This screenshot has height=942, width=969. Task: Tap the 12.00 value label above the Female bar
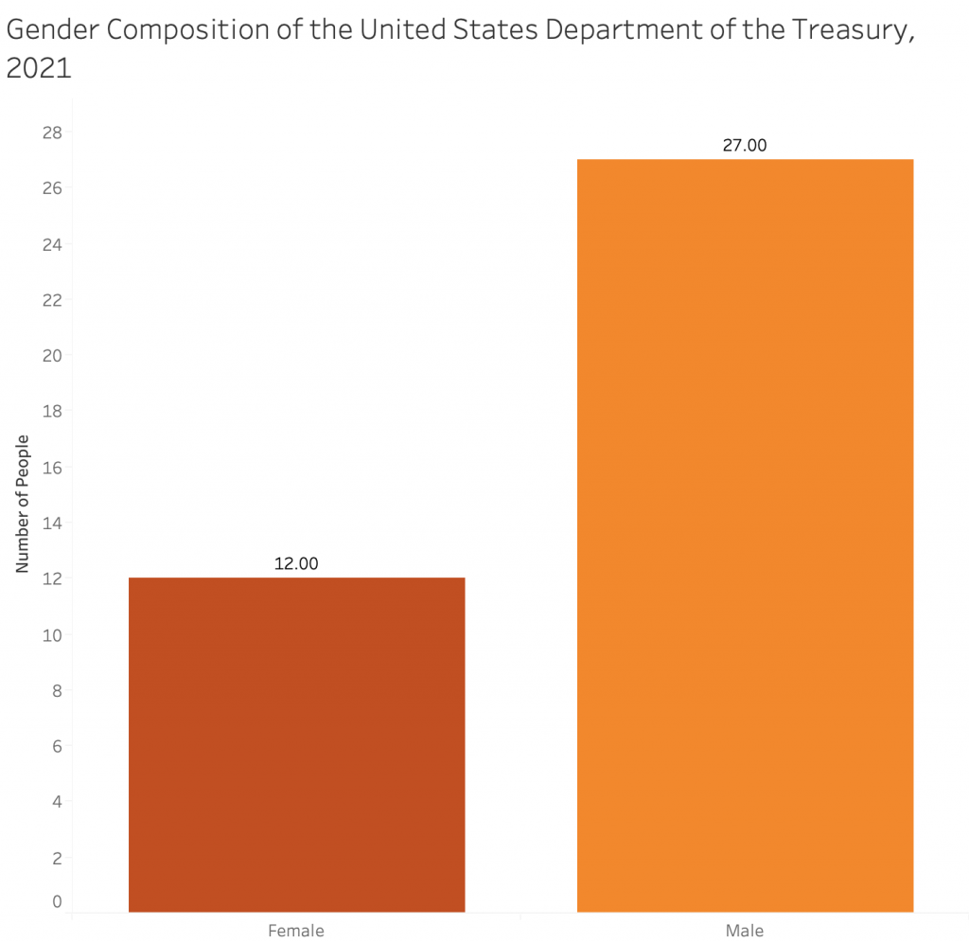pos(296,563)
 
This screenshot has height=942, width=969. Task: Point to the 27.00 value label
pos(745,145)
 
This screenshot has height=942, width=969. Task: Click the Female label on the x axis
pos(296,930)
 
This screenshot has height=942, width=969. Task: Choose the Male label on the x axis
pos(745,930)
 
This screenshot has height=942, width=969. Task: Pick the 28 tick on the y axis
pos(52,133)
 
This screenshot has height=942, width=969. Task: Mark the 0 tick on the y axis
pos(57,901)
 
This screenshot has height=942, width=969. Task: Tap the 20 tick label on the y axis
pos(52,356)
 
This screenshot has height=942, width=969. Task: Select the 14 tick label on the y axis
pos(52,524)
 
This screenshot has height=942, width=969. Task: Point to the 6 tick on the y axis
pos(57,747)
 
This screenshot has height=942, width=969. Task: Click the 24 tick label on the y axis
pos(52,244)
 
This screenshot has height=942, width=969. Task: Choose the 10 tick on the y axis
pos(52,635)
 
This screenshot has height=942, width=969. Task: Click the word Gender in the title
pos(53,30)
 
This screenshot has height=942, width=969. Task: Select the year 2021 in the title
pos(39,69)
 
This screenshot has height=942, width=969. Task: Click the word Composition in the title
pos(192,30)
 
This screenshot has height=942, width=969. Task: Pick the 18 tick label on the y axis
pos(52,412)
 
